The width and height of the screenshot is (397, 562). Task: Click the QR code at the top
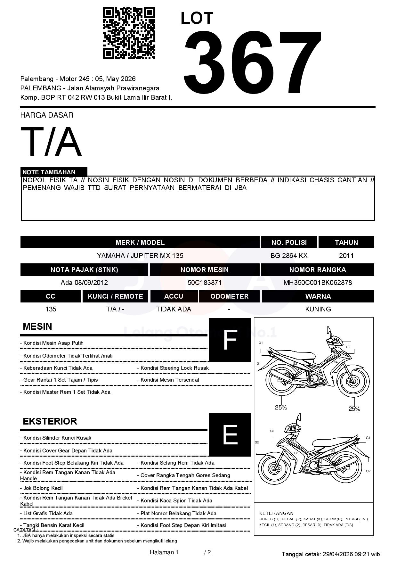(129, 33)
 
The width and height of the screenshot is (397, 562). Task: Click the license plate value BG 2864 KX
(289, 256)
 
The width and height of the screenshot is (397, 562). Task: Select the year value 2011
(346, 256)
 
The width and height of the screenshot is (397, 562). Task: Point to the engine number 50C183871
(204, 283)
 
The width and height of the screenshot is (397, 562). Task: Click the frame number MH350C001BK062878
(317, 283)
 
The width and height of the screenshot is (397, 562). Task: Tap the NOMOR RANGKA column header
(317, 270)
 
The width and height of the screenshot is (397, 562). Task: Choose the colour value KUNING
(318, 309)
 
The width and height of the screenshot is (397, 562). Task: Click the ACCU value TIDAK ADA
(174, 309)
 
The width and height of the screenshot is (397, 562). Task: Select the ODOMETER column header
(229, 296)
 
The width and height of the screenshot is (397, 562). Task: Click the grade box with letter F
(230, 340)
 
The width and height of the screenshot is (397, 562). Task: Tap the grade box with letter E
(230, 434)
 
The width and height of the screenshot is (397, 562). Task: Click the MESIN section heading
(37, 326)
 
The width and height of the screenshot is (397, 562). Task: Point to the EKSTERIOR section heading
(50, 421)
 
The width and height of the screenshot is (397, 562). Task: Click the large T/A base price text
(51, 142)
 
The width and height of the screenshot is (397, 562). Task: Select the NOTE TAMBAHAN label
(49, 172)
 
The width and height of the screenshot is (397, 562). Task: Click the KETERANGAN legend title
(276, 513)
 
